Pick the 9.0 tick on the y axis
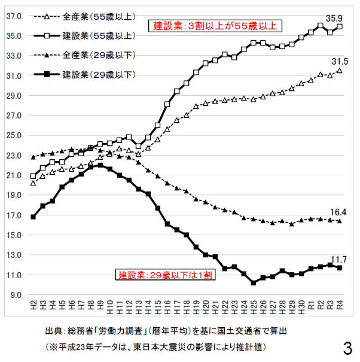(x=15, y=295)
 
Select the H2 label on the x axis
(x=33, y=305)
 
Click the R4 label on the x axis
(x=340, y=305)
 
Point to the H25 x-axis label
(x=254, y=306)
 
